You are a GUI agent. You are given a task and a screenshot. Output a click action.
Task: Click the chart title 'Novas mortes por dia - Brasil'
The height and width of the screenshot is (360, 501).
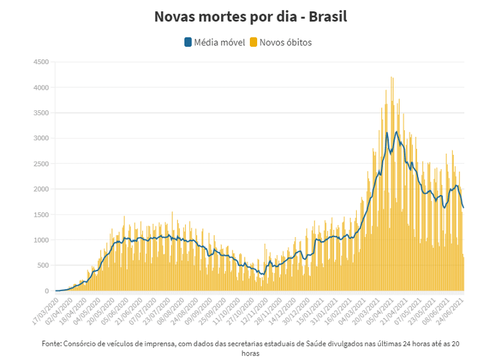tap(251, 16)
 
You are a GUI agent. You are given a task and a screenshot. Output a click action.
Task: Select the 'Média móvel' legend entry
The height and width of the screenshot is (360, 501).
tap(214, 43)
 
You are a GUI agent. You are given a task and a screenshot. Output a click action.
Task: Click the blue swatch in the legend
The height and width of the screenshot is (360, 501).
tap(188, 43)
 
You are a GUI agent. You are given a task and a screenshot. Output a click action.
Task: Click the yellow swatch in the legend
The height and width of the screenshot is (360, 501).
tap(254, 43)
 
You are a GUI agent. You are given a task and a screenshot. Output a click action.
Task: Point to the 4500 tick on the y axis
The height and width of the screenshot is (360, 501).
tap(40, 62)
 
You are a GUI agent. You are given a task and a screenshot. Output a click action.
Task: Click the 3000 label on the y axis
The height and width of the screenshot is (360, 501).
tap(40, 138)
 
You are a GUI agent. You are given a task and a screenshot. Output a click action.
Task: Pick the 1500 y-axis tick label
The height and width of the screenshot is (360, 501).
tap(40, 214)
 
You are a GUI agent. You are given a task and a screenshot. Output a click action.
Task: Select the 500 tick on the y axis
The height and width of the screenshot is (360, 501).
tap(42, 265)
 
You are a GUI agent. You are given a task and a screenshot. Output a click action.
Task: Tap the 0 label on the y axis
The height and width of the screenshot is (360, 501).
tap(46, 291)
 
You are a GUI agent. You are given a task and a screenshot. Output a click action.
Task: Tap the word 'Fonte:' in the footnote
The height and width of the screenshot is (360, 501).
tap(51, 343)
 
